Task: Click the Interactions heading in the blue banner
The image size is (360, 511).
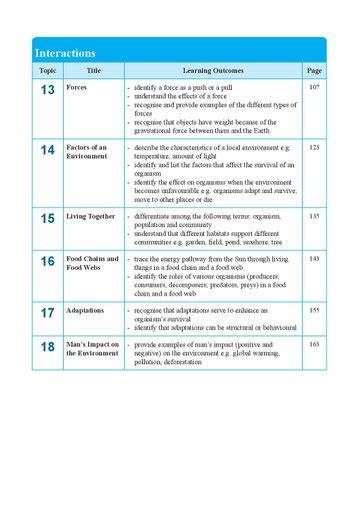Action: pyautogui.click(x=65, y=53)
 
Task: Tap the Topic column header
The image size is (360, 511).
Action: pyautogui.click(x=47, y=71)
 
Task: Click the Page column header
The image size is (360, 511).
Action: pyautogui.click(x=314, y=71)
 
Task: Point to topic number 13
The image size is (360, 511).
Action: pyautogui.click(x=47, y=91)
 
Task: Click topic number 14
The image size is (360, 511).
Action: pyautogui.click(x=47, y=150)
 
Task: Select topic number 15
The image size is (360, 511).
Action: pyautogui.click(x=47, y=218)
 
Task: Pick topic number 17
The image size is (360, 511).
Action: pyautogui.click(x=47, y=313)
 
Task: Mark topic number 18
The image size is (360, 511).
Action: pyautogui.click(x=47, y=347)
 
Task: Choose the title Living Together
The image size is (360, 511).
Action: pyautogui.click(x=91, y=216)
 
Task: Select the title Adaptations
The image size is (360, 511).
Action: pyautogui.click(x=85, y=311)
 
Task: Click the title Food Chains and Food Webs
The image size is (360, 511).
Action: pyautogui.click(x=92, y=263)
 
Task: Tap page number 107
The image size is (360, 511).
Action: pyautogui.click(x=314, y=89)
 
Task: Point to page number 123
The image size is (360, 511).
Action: pyautogui.click(x=314, y=147)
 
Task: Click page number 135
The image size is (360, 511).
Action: pyautogui.click(x=314, y=216)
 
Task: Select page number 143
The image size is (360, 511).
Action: pyautogui.click(x=314, y=258)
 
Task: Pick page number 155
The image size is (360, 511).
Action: pyautogui.click(x=314, y=311)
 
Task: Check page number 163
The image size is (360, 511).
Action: pyautogui.click(x=314, y=344)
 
